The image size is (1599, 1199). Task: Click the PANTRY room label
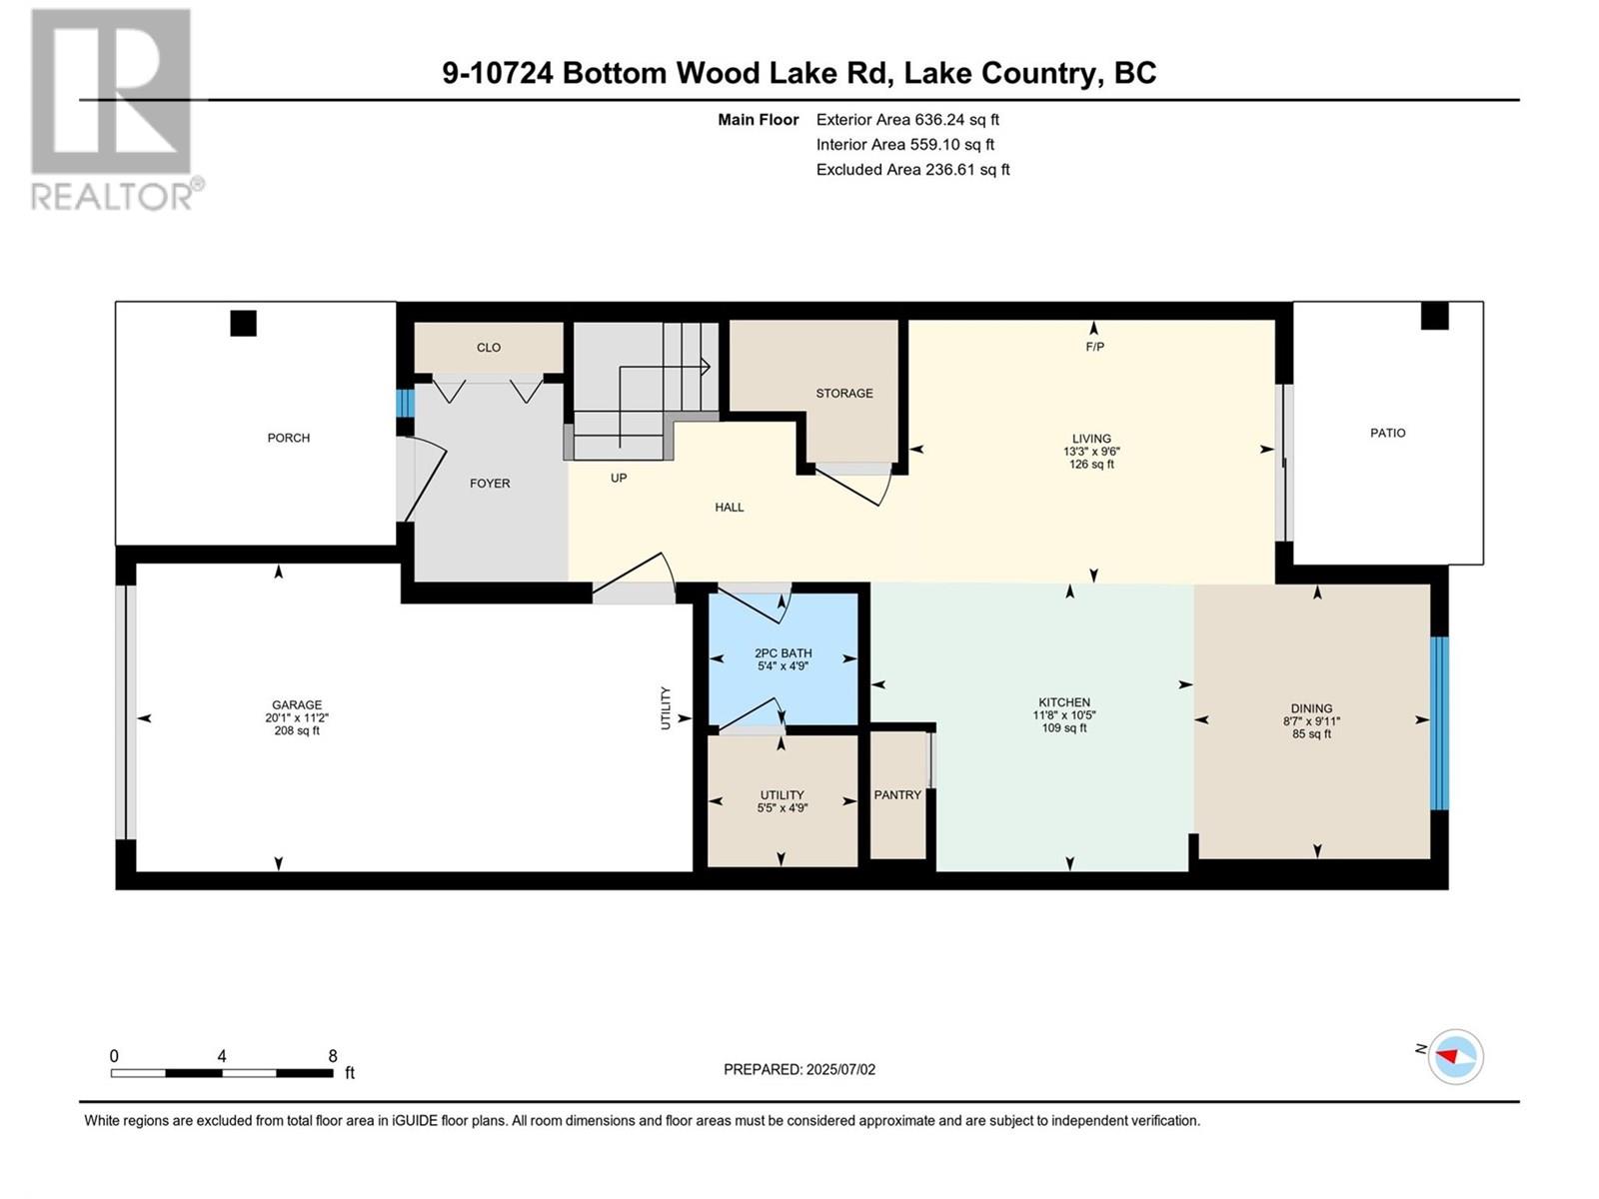point(897,795)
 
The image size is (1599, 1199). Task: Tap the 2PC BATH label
point(783,653)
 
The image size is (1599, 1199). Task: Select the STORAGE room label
point(844,393)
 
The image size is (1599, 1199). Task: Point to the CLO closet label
point(489,348)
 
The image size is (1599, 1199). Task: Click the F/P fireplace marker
point(1095,347)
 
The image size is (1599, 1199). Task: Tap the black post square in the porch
point(243,323)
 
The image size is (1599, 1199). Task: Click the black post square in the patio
point(1434,315)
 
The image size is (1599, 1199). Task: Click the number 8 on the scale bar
point(333,1055)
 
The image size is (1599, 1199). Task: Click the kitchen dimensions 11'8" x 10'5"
point(1064,714)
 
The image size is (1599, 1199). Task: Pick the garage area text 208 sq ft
point(297,730)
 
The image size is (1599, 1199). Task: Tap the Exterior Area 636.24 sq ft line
point(907,119)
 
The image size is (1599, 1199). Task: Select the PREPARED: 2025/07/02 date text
point(799,1069)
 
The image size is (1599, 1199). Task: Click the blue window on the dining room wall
point(1439,722)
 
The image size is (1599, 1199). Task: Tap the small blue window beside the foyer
point(405,403)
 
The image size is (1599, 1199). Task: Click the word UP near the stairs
point(619,479)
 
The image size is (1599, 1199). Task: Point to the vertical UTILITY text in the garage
point(666,708)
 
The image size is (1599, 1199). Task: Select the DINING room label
point(1311,708)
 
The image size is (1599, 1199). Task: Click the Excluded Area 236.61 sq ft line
point(912,170)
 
